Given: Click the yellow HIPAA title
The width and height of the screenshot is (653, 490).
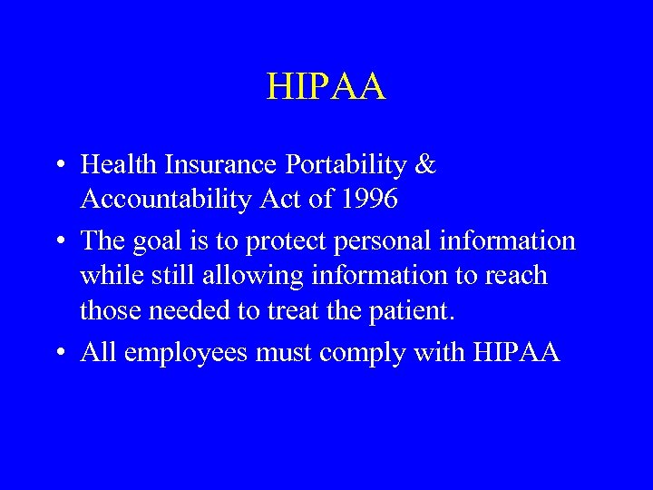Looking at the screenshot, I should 326,88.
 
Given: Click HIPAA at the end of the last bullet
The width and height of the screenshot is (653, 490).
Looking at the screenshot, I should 516,351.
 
